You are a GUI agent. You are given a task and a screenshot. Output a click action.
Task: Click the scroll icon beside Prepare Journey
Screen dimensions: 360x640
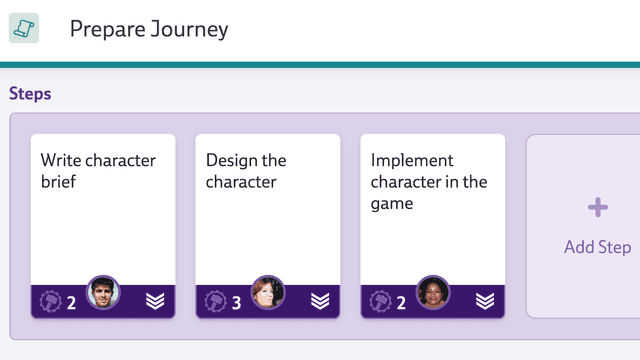click(24, 29)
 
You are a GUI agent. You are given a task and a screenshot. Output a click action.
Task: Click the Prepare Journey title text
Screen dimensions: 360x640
click(149, 29)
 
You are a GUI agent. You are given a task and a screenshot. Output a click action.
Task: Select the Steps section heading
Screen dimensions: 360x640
click(30, 94)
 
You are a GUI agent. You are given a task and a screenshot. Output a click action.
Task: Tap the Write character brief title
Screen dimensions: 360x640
click(98, 171)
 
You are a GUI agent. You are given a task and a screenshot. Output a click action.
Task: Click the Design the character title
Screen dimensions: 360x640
click(246, 171)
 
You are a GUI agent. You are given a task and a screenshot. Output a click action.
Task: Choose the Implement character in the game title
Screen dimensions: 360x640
click(429, 181)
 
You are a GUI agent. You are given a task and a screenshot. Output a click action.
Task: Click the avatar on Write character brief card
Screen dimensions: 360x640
click(104, 293)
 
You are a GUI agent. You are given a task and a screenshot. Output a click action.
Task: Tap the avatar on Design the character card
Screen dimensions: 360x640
click(268, 293)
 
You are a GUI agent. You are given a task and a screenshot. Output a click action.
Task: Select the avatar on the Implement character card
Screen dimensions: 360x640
click(433, 293)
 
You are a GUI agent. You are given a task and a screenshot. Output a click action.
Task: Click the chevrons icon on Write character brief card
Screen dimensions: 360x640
click(155, 301)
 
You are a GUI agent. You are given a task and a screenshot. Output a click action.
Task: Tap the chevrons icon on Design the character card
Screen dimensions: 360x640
click(320, 301)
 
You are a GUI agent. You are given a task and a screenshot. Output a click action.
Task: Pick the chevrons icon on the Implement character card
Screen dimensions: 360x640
click(485, 301)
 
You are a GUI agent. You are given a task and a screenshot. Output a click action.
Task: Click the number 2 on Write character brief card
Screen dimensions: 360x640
click(72, 302)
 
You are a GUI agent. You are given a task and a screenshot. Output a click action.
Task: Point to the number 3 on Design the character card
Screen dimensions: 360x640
click(237, 302)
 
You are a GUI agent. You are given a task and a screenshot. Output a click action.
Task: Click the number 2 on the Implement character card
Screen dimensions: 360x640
click(401, 302)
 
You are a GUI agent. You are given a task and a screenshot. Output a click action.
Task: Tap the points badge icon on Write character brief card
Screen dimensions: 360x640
click(50, 301)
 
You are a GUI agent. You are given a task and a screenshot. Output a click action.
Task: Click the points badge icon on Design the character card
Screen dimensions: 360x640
click(215, 301)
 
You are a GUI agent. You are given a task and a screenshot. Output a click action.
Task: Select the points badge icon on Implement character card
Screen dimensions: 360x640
click(380, 301)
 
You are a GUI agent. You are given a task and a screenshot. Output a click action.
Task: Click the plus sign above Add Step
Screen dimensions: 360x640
click(597, 208)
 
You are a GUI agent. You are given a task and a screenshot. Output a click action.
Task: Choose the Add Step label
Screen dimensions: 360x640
click(597, 247)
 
